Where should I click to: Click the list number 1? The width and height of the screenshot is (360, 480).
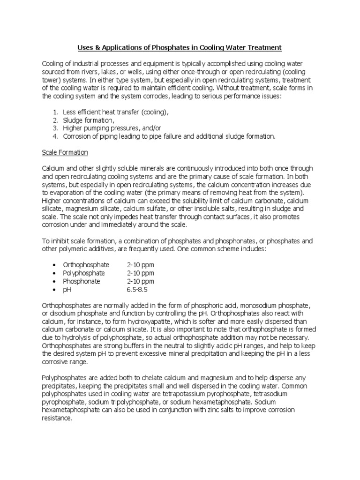[55, 112]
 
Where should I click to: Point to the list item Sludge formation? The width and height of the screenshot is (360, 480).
[89, 120]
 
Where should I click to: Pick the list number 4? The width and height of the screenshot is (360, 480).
[55, 136]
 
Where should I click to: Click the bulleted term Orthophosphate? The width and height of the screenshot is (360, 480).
[86, 265]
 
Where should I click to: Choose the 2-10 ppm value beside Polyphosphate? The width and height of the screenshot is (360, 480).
[140, 273]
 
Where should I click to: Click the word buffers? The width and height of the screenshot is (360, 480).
[120, 346]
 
